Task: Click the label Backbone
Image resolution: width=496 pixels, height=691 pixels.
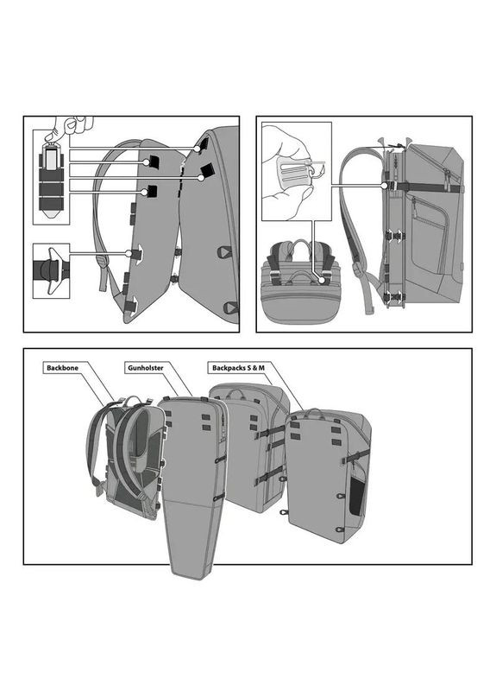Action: [x=66, y=368]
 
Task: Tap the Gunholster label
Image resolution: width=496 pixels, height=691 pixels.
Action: [x=147, y=368]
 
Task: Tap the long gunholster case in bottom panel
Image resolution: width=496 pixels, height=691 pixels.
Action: [x=191, y=484]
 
